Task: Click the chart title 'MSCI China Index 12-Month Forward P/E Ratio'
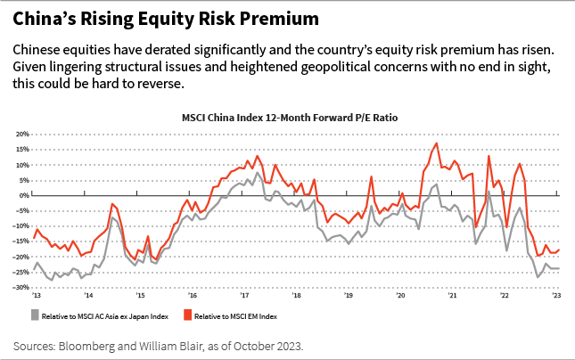(287, 117)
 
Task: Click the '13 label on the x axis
(37, 295)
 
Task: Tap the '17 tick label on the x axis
(243, 295)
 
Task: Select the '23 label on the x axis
(556, 295)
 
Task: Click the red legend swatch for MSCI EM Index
(188, 315)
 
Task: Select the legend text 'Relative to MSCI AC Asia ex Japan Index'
(95, 315)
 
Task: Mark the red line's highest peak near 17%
(436, 143)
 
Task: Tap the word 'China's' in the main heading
(43, 18)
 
